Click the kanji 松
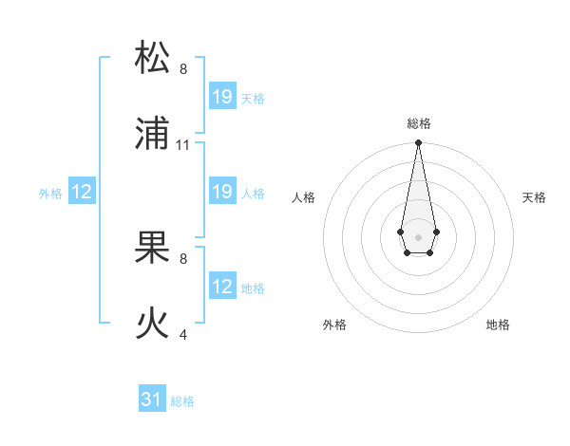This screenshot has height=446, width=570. pyautogui.click(x=153, y=58)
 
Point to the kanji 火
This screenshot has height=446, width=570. pyautogui.click(x=153, y=324)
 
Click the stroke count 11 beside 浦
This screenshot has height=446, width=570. pyautogui.click(x=183, y=145)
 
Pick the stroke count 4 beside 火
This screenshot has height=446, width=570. pyautogui.click(x=183, y=335)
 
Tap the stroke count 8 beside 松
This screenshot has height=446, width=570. pyautogui.click(x=183, y=69)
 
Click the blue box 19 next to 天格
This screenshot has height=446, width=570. pyautogui.click(x=222, y=97)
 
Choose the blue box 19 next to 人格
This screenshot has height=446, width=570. pyautogui.click(x=222, y=192)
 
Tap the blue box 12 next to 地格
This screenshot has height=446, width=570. pyautogui.click(x=222, y=287)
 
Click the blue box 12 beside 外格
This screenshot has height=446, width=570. pyautogui.click(x=82, y=192)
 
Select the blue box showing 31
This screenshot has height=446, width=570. pyautogui.click(x=152, y=400)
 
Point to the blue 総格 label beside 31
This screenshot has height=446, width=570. pyautogui.click(x=182, y=401)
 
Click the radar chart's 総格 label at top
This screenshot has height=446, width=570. pyautogui.click(x=419, y=123)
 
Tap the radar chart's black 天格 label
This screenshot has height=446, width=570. pyautogui.click(x=534, y=197)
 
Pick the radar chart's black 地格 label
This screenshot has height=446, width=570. pyautogui.click(x=498, y=325)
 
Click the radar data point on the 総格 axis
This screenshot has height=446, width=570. pyautogui.click(x=418, y=143)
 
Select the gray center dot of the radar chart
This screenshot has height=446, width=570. pyautogui.click(x=418, y=235)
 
